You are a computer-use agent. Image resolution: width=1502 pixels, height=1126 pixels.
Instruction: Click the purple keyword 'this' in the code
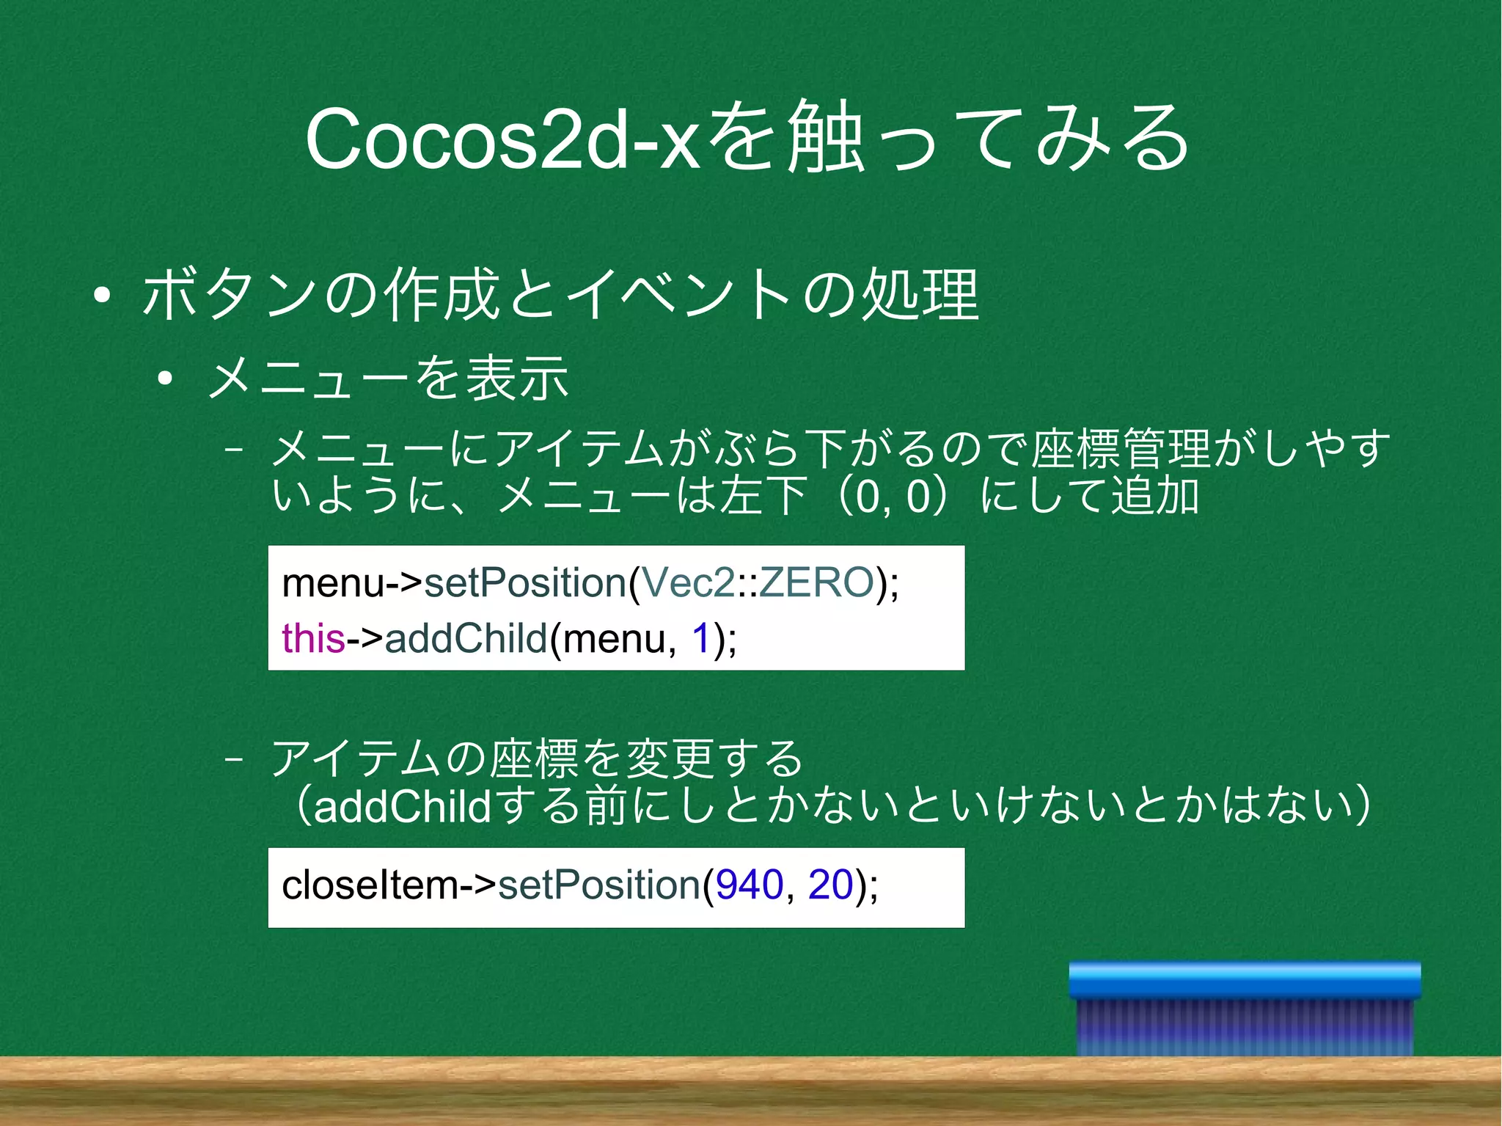click(x=312, y=637)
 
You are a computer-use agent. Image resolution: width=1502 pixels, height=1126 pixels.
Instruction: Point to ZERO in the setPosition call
click(x=816, y=582)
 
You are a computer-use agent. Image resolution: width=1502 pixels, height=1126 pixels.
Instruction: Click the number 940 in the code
click(x=750, y=885)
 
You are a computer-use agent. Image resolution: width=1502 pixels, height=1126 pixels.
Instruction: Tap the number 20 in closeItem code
click(x=830, y=885)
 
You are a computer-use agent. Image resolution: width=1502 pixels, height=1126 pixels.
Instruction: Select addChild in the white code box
click(x=466, y=637)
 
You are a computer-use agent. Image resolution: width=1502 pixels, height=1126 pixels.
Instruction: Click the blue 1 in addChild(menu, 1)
click(x=701, y=637)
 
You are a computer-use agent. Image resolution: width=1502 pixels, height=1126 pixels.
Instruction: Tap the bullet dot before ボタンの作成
click(x=102, y=296)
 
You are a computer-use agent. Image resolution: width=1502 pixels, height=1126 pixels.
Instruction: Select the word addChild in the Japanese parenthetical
click(x=402, y=806)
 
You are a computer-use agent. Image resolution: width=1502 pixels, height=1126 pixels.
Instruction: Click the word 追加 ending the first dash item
click(x=1155, y=495)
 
